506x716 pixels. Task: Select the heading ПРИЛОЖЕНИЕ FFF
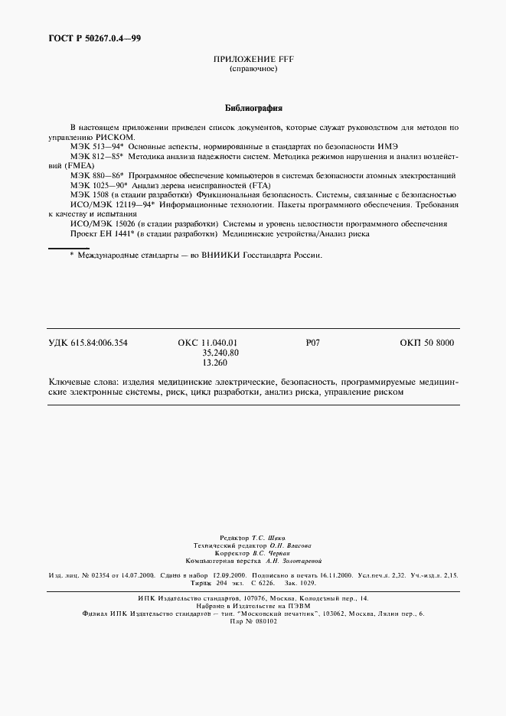[253, 59]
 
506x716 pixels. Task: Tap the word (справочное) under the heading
[253, 69]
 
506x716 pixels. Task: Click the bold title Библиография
[253, 108]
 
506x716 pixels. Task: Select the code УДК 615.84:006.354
[88, 343]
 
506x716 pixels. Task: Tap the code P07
[312, 343]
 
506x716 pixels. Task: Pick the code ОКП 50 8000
[426, 343]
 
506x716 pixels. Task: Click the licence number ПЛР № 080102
[253, 621]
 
